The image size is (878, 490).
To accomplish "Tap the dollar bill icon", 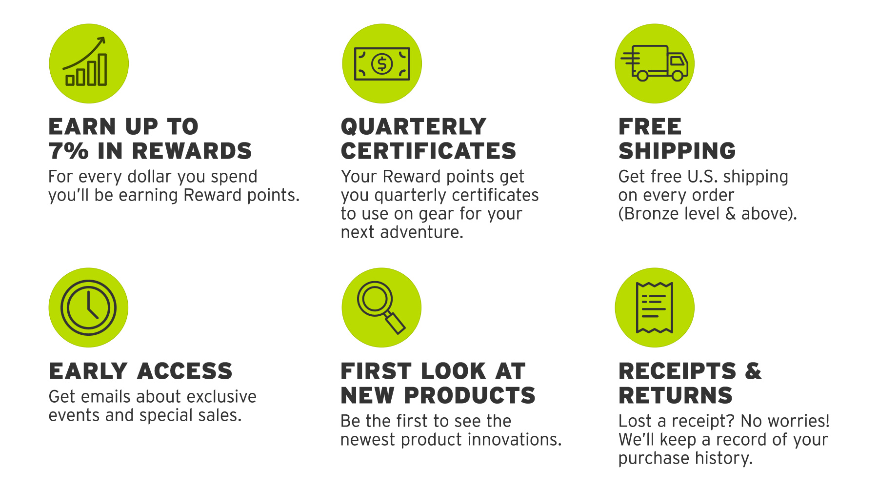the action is pyautogui.click(x=382, y=63).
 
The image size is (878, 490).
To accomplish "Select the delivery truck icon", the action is pyautogui.click(x=655, y=63).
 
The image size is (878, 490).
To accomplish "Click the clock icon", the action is pyautogui.click(x=88, y=307).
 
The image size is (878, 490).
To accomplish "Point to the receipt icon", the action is pyautogui.click(x=655, y=307).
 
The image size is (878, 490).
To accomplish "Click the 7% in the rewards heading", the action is pyautogui.click(x=69, y=151).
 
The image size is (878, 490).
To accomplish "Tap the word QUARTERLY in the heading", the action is pyautogui.click(x=414, y=127).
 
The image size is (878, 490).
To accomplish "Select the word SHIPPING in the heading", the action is pyautogui.click(x=677, y=151).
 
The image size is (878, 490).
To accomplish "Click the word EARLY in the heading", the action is pyautogui.click(x=88, y=371).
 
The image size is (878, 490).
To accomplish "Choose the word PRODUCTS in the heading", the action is pyautogui.click(x=470, y=395).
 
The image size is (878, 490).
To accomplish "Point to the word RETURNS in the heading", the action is pyautogui.click(x=676, y=395).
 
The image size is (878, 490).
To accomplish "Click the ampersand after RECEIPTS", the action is pyautogui.click(x=753, y=371).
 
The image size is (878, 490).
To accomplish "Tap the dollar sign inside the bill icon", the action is pyautogui.click(x=382, y=64).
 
